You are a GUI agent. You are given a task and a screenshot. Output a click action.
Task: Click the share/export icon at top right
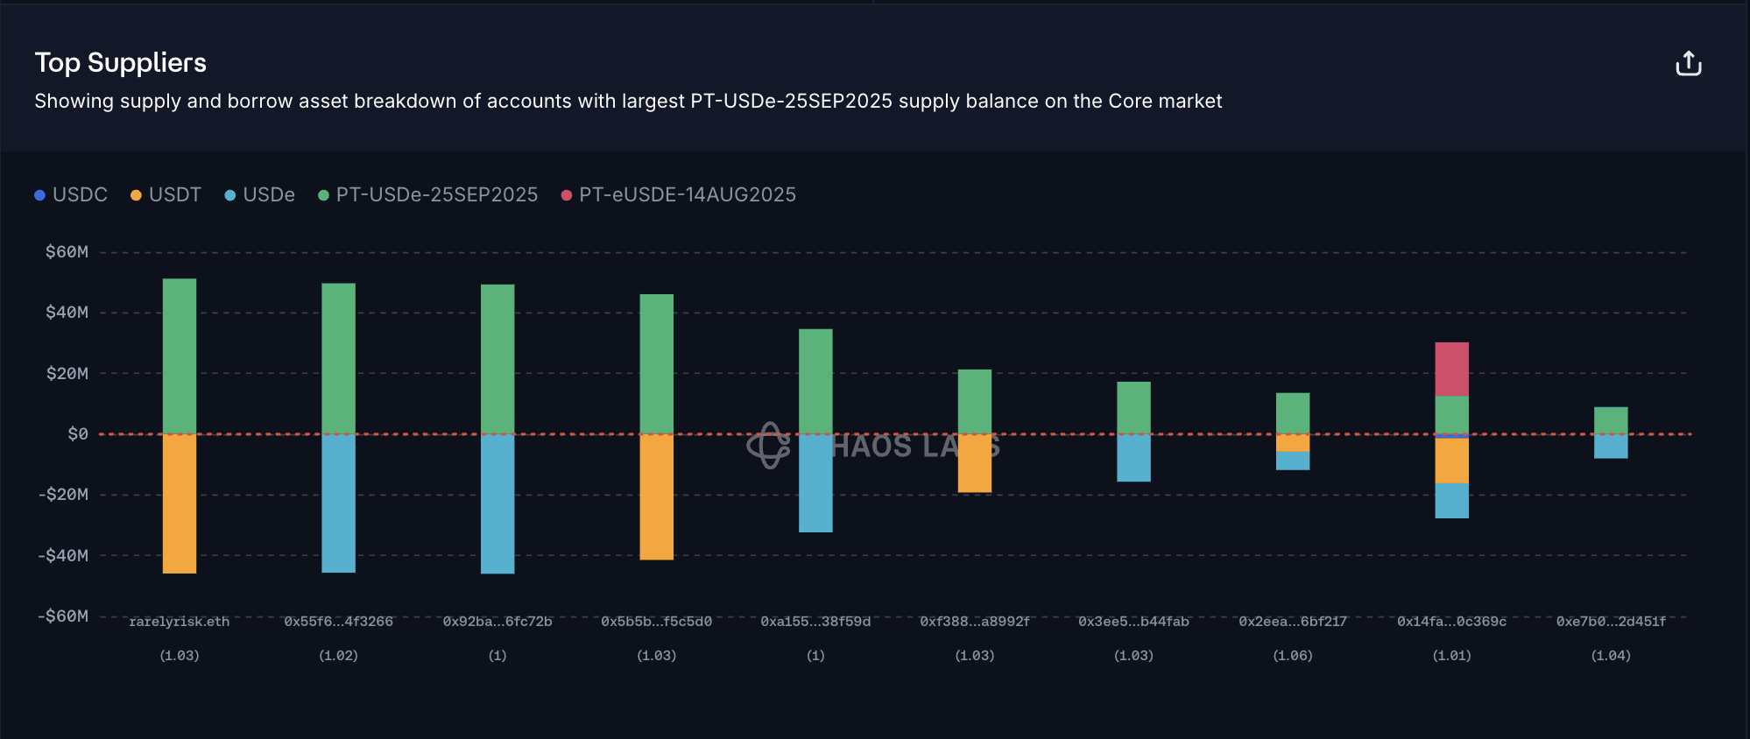coord(1688,64)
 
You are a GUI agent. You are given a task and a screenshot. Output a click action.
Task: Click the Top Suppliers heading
coord(121,63)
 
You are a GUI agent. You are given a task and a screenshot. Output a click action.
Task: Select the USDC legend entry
coord(71,194)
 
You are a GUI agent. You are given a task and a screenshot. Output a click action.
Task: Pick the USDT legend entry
coord(166,194)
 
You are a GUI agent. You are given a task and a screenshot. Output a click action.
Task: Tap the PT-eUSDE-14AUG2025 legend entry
coord(678,194)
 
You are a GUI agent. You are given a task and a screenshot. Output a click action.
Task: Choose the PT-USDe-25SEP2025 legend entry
coord(428,194)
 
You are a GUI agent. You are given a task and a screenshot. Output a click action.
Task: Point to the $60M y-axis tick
coord(67,252)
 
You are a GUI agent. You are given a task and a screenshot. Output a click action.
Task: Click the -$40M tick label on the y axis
coord(63,555)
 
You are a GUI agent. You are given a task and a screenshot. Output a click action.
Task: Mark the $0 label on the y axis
coord(78,434)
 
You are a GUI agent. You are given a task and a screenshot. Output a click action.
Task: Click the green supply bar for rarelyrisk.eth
coord(180,355)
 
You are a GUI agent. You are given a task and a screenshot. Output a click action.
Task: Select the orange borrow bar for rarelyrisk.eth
coord(180,503)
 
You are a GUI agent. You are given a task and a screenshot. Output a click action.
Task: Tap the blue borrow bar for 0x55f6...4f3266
coord(339,503)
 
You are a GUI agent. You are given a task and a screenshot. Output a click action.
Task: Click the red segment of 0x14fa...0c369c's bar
coord(1451,369)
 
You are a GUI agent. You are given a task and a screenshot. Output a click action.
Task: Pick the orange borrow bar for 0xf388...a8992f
coord(975,463)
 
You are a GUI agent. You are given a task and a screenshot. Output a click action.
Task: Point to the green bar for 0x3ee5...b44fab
coord(1133,407)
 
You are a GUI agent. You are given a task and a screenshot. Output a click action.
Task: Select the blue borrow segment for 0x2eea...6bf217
coord(1293,461)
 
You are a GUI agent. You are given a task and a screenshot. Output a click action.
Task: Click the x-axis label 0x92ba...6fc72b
coord(497,622)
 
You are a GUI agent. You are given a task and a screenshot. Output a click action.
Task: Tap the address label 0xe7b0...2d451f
coord(1611,622)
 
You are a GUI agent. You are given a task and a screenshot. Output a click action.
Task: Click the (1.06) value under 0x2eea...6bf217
coord(1293,656)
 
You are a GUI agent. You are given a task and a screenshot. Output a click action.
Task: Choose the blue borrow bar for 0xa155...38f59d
coord(815,483)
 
